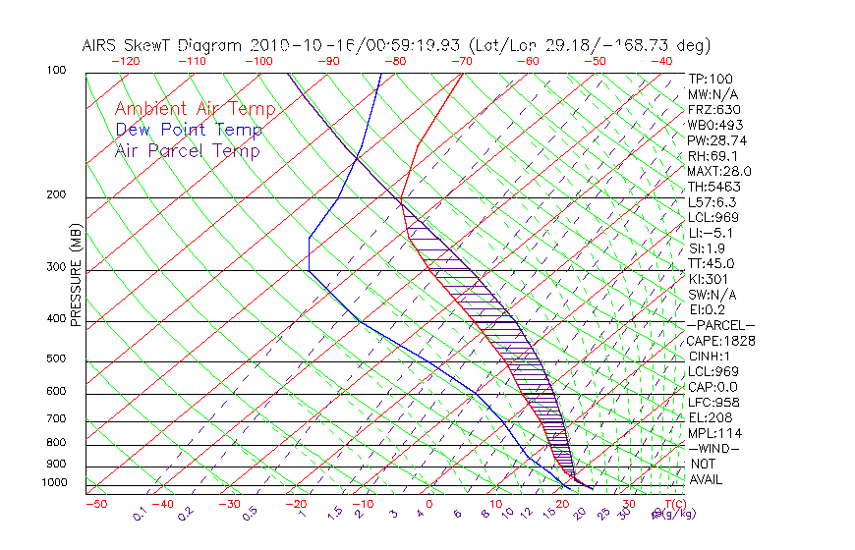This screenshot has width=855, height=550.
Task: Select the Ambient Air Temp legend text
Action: (x=195, y=109)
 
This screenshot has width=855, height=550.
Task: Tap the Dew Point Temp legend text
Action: (x=188, y=130)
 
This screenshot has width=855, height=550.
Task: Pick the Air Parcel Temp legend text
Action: (x=187, y=150)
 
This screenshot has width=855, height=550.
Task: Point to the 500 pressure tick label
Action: (x=57, y=359)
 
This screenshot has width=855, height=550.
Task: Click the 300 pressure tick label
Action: (x=57, y=268)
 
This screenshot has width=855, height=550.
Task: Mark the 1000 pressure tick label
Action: (x=54, y=482)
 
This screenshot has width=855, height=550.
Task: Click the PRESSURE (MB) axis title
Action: (x=77, y=276)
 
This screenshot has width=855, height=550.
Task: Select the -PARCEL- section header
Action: (x=720, y=325)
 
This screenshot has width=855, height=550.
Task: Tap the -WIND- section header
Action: (x=714, y=448)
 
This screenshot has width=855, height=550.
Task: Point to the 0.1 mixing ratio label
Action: (x=140, y=514)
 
